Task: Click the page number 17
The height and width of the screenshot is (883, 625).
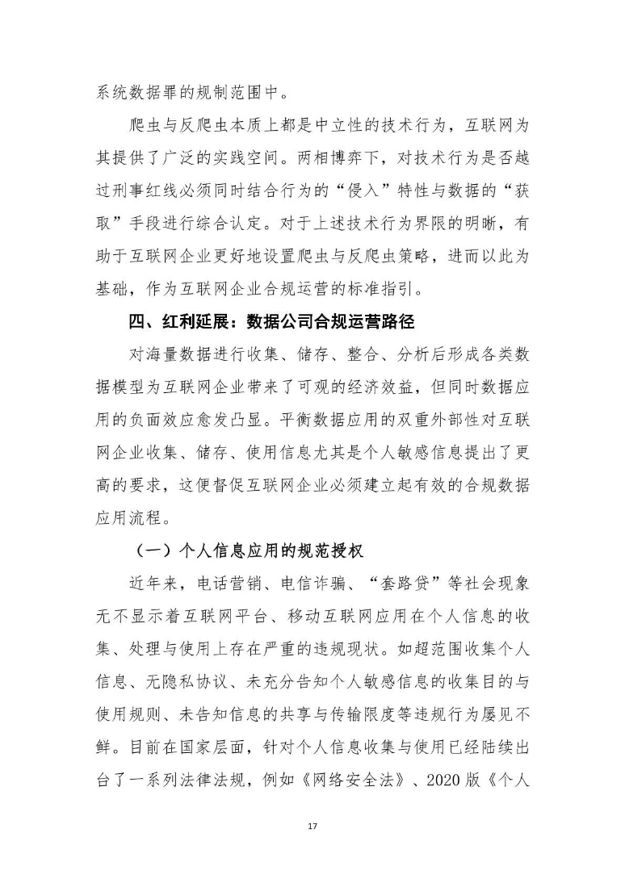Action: (312, 827)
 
